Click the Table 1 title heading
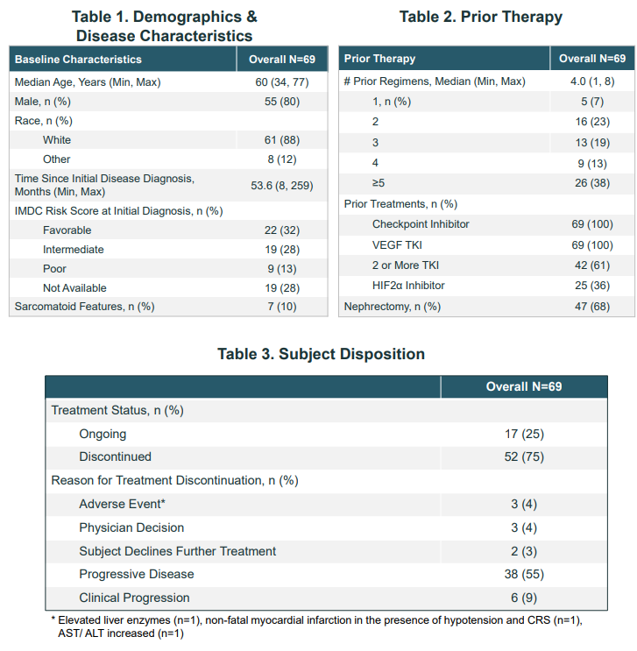(165, 26)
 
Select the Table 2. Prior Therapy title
(481, 17)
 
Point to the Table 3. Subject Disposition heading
(321, 354)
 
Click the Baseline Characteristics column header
(78, 60)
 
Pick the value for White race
(282, 140)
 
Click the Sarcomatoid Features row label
(84, 307)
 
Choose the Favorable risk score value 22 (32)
(282, 230)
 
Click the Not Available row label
(74, 287)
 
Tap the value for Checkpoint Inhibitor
(592, 224)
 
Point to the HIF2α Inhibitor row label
(408, 286)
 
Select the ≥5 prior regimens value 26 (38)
(592, 183)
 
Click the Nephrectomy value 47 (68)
(592, 307)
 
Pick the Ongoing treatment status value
(524, 434)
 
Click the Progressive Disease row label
(137, 574)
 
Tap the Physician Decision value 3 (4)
(524, 527)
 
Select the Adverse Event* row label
(122, 504)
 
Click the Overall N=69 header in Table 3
(524, 386)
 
